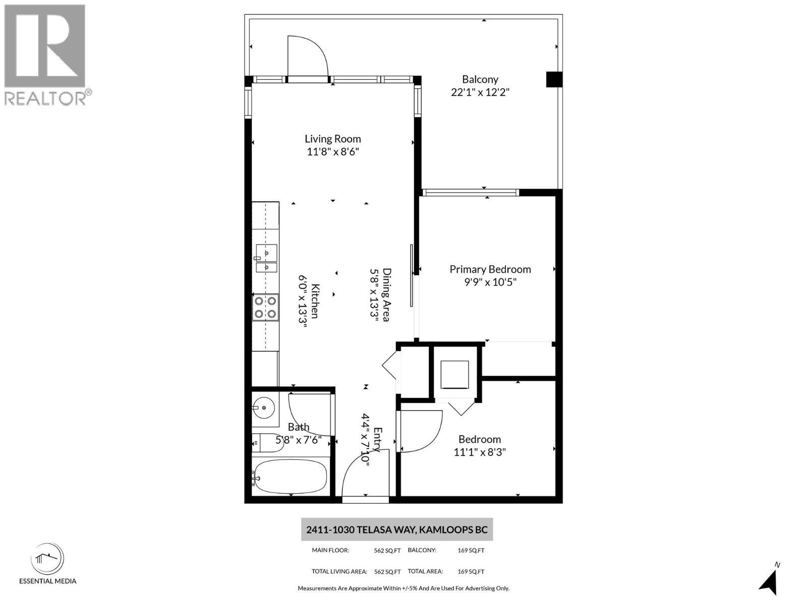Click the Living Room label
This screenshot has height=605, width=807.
pos(332,139)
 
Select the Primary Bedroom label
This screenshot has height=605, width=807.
pos(490,269)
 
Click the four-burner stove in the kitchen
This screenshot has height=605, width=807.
pos(265,308)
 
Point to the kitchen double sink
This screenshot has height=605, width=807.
pos(266,258)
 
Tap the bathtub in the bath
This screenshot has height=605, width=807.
pos(290,476)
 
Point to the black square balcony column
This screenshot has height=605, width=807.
pos(554,80)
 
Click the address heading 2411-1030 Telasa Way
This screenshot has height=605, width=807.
pos(396,530)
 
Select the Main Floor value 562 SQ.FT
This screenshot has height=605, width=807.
pos(387,551)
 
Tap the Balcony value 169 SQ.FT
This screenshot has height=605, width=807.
pos(471,551)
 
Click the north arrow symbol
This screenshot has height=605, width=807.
pos(770,582)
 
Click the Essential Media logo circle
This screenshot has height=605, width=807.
pos(47,559)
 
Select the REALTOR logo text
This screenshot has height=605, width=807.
pos(45,98)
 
